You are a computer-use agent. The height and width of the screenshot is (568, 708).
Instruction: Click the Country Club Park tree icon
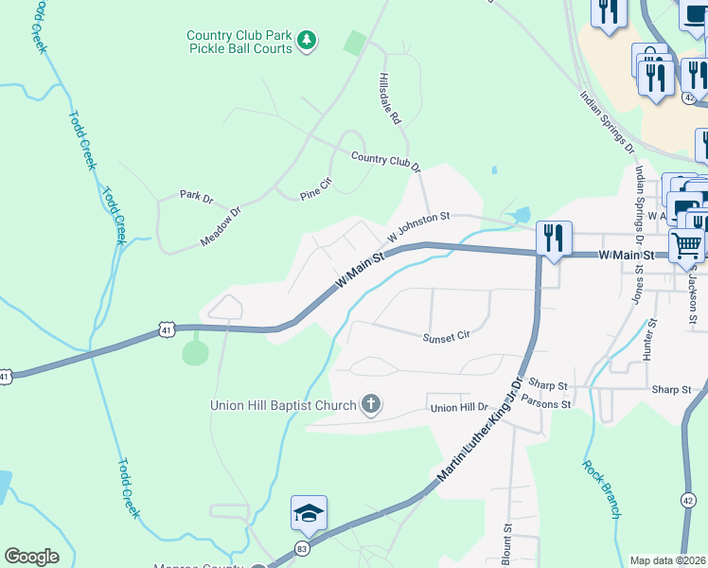[306, 40]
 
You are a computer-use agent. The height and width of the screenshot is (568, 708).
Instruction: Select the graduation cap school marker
[309, 513]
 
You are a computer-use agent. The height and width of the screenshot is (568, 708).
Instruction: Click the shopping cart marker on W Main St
[686, 245]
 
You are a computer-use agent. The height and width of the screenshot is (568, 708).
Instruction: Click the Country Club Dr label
[384, 160]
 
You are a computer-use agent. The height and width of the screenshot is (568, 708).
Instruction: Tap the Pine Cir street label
[314, 188]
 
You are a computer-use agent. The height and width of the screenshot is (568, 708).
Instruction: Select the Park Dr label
[197, 195]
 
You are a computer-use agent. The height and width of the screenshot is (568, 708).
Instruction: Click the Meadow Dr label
[221, 228]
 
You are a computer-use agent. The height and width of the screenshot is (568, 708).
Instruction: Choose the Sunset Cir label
[446, 335]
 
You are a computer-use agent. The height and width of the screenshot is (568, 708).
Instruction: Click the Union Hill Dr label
[458, 408]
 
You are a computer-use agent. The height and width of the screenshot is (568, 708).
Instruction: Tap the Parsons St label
[546, 404]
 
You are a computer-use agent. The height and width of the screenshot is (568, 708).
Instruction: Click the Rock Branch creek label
[601, 488]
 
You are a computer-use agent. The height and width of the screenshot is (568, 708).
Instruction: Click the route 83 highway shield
[302, 548]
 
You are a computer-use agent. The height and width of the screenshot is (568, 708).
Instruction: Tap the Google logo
[31, 557]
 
